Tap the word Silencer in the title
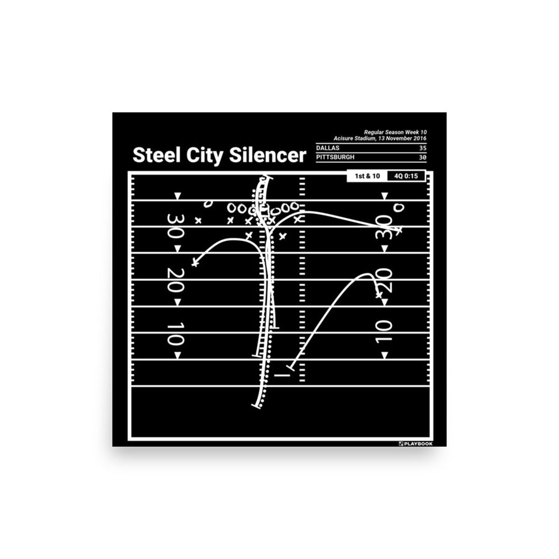click(x=267, y=155)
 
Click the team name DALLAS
click(x=327, y=148)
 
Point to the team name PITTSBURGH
click(x=335, y=157)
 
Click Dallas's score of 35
click(x=423, y=148)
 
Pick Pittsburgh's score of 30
click(x=423, y=157)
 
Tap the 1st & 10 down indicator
click(x=367, y=176)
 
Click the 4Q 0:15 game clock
click(x=406, y=176)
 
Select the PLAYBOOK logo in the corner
click(x=416, y=444)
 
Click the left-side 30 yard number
click(x=175, y=226)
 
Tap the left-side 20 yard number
click(x=175, y=280)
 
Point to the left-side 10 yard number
click(x=175, y=334)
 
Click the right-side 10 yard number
click(x=384, y=332)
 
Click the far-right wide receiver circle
click(x=399, y=207)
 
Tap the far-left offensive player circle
click(x=207, y=203)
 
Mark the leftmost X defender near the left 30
click(x=198, y=220)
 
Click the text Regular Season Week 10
click(x=396, y=132)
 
